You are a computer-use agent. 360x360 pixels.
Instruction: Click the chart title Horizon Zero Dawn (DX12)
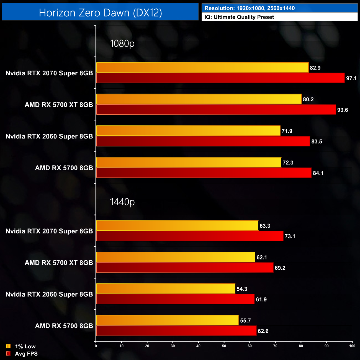tap(100, 13)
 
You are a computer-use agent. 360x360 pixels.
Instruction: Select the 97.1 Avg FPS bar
tap(220, 78)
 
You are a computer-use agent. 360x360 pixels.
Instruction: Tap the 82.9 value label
tap(315, 68)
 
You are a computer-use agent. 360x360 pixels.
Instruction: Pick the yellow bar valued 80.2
tap(199, 99)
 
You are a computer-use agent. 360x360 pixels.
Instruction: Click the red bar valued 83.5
tap(203, 141)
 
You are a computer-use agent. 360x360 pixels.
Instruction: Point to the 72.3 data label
tap(288, 163)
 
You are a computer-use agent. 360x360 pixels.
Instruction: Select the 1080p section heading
tap(122, 43)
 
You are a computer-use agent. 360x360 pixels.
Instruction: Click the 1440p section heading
tap(122, 202)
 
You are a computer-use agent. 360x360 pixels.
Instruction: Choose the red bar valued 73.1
tap(189, 236)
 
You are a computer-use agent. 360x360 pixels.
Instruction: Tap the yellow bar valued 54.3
tap(165, 289)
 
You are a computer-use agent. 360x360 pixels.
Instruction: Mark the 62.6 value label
tap(263, 331)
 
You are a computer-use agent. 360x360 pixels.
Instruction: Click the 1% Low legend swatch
tap(8, 346)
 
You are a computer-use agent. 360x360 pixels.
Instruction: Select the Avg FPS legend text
tap(26, 354)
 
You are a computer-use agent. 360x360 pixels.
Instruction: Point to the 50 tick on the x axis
tap(224, 346)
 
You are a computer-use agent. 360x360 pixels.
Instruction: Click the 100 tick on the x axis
tap(352, 346)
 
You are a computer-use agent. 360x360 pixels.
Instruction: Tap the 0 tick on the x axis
tap(96, 346)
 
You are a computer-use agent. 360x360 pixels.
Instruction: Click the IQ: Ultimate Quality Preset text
tap(239, 17)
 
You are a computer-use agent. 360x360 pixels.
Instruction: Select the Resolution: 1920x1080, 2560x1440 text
tap(250, 8)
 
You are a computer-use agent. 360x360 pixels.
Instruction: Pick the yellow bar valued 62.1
tap(175, 257)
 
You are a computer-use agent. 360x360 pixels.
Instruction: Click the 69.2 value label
tap(280, 268)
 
